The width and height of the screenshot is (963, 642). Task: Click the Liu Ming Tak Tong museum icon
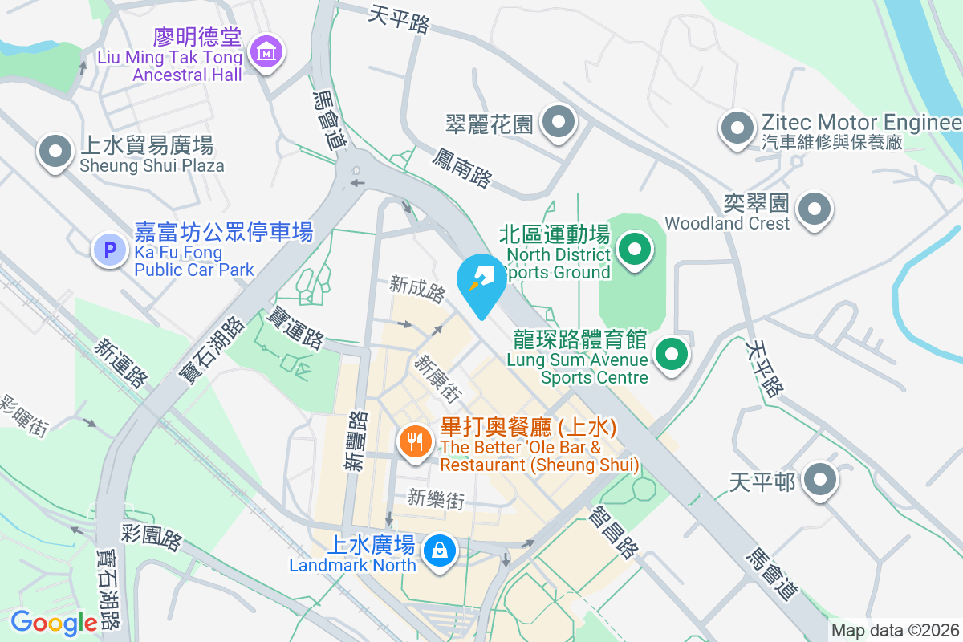coord(264,52)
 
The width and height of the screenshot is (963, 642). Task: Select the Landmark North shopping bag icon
coord(440,551)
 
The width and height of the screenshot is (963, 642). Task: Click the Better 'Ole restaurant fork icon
coord(415,441)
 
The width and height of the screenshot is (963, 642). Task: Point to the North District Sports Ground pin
coord(635,249)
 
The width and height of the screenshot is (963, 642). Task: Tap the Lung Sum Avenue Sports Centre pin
coord(672,353)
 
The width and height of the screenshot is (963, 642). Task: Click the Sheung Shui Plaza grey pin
coord(55,151)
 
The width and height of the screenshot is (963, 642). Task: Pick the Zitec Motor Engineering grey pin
coord(736,127)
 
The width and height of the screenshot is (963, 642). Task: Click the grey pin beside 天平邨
coord(820,481)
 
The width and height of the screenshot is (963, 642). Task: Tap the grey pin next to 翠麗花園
coord(558,123)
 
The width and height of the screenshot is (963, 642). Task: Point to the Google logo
coord(54,622)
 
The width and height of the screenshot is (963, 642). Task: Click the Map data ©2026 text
coord(895,631)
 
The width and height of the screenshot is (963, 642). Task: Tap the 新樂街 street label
coord(436,498)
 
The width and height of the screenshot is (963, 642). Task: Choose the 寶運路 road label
coord(297,327)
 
